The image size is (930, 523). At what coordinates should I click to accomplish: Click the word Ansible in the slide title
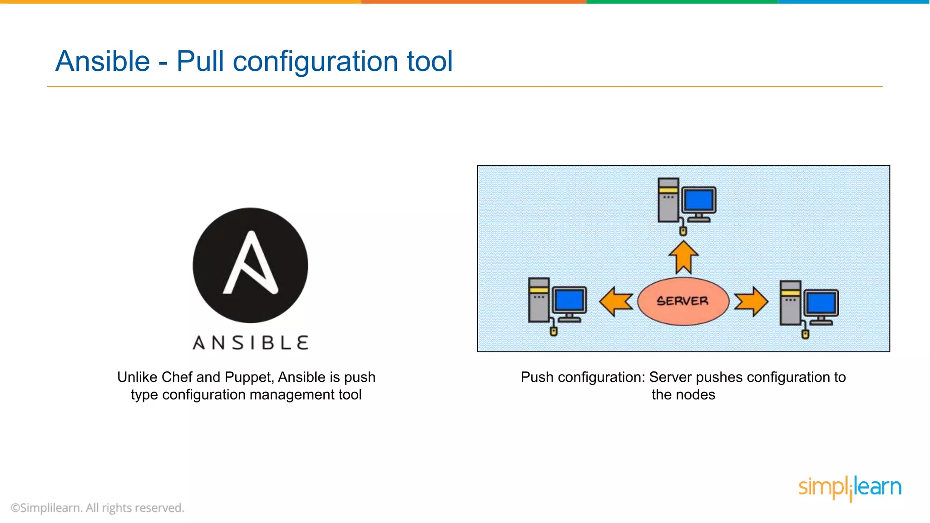click(103, 61)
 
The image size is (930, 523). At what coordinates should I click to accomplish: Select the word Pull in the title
click(200, 61)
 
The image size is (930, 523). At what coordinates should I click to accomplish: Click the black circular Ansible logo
click(250, 265)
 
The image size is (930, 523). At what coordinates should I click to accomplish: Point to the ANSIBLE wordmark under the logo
click(251, 343)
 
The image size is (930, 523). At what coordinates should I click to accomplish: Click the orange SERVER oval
click(683, 301)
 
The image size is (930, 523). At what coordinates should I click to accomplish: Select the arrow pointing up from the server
click(683, 257)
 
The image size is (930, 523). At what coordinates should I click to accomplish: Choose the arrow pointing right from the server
click(751, 301)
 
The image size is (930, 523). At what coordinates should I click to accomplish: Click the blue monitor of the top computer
click(699, 200)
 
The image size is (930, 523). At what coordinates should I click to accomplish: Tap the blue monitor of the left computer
click(569, 301)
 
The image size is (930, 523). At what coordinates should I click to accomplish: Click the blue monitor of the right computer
click(821, 303)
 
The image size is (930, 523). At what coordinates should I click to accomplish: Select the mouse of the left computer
click(554, 331)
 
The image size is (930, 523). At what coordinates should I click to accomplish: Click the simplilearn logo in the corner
click(850, 488)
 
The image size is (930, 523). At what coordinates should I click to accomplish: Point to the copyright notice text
click(98, 508)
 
